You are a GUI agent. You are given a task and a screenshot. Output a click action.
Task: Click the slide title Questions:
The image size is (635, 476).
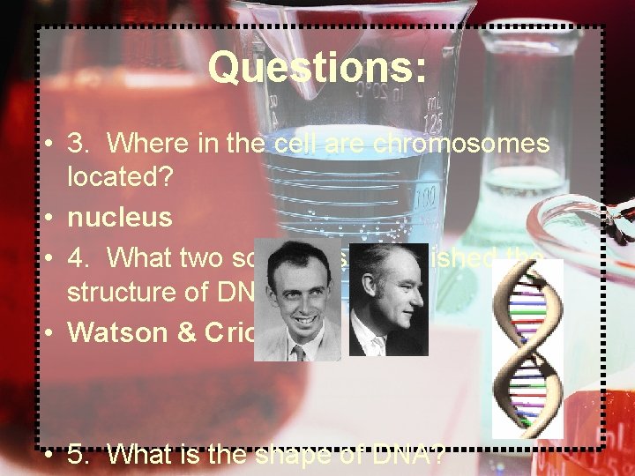(317, 67)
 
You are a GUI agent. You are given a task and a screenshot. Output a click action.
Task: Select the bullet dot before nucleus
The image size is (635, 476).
(53, 216)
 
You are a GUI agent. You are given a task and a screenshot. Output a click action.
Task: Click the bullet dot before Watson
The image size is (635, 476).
(53, 332)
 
